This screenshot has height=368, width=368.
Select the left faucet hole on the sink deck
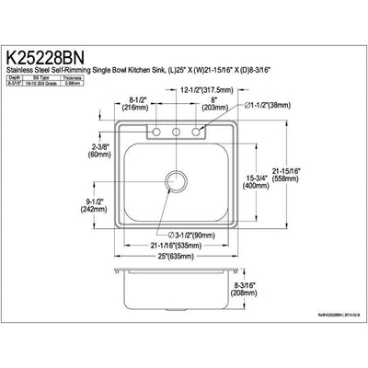click(152, 135)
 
